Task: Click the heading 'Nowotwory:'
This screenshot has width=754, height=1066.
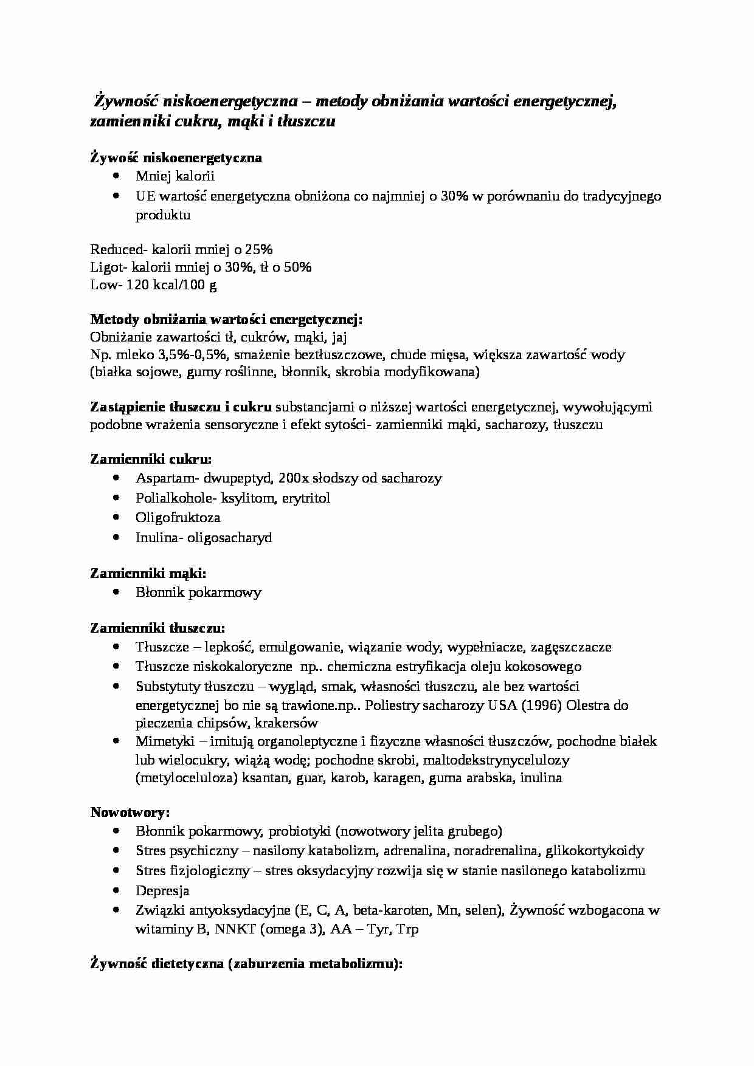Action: click(x=130, y=813)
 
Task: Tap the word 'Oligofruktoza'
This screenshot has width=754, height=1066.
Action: click(x=178, y=518)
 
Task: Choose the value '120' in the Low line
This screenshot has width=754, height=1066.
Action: click(x=137, y=285)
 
